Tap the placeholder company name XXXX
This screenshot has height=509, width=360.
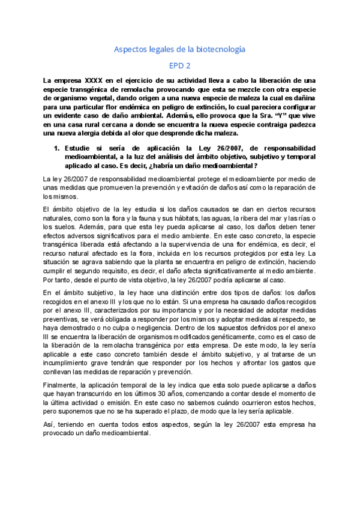pyautogui.click(x=94, y=80)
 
